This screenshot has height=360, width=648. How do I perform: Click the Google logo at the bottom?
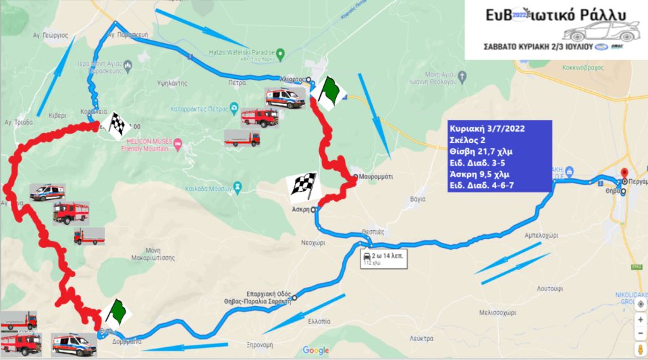pyautogui.click(x=316, y=351)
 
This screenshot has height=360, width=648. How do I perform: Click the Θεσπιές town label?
pyautogui.click(x=371, y=232)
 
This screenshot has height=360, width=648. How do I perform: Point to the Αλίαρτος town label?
pyautogui.click(x=292, y=79)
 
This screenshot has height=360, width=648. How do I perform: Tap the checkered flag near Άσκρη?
pyautogui.click(x=304, y=185)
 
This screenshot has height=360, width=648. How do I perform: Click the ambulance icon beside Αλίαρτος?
pyautogui.click(x=284, y=98)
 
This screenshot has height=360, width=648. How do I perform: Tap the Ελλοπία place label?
pyautogui.click(x=318, y=321)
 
